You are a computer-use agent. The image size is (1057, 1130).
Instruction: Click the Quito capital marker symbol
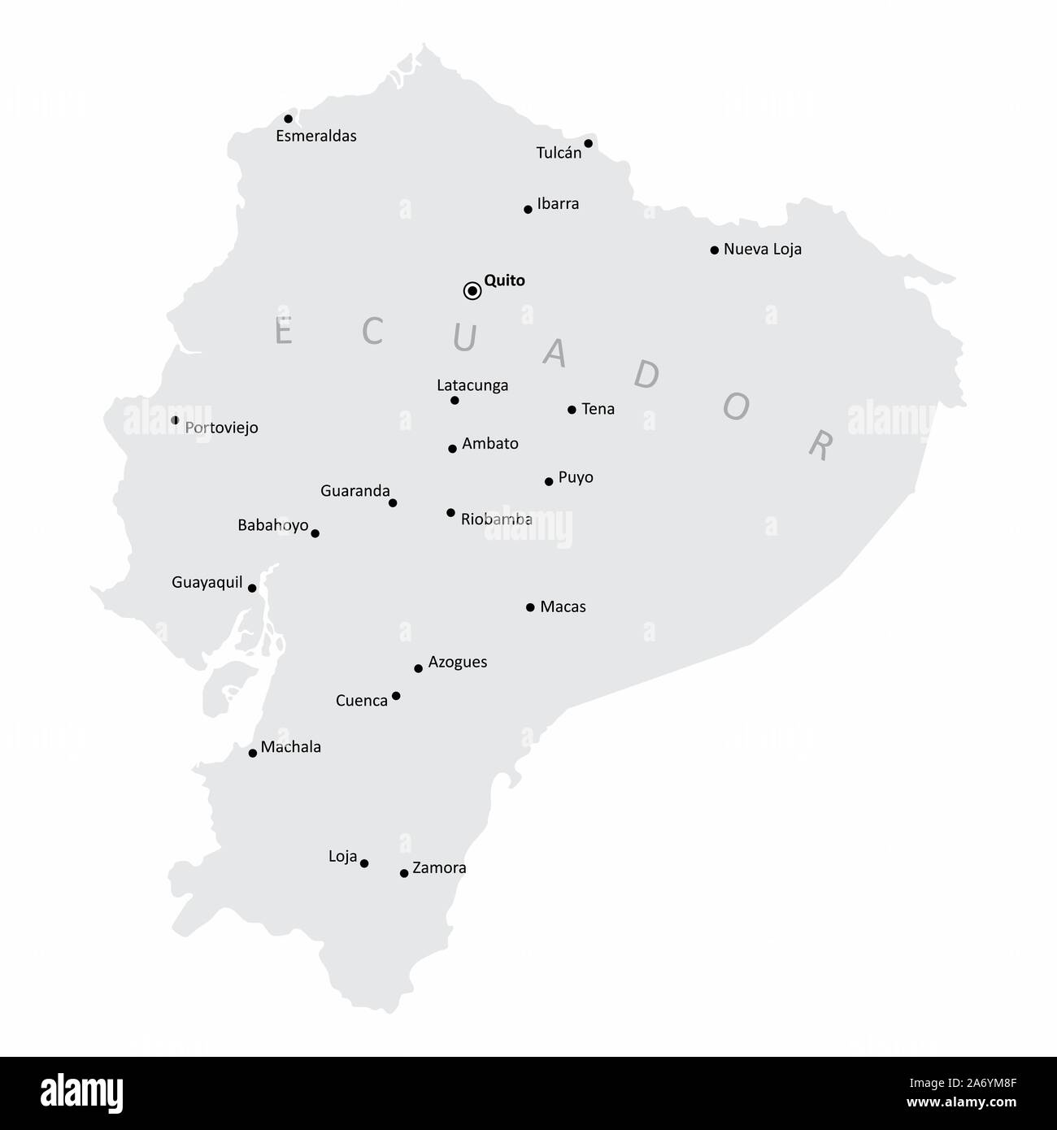(x=472, y=291)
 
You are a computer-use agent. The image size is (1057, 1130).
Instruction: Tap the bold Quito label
(x=504, y=280)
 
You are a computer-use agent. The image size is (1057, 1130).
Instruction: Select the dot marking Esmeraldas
(x=288, y=119)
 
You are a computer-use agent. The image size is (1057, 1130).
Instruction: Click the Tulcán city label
(x=559, y=152)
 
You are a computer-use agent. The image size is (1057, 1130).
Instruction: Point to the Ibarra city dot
(x=528, y=210)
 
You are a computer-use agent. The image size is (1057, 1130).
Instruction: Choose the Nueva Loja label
(x=762, y=250)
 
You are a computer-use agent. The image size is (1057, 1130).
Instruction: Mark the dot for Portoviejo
(x=175, y=420)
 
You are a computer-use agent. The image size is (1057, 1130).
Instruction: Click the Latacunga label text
(x=472, y=385)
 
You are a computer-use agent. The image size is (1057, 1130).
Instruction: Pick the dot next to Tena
(x=572, y=410)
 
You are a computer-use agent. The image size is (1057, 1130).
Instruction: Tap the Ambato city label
(x=489, y=444)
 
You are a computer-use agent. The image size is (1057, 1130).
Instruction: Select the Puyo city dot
(x=549, y=481)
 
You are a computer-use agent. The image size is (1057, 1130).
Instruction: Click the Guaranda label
(x=355, y=491)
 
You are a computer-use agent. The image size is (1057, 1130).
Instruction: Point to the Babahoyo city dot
(x=315, y=533)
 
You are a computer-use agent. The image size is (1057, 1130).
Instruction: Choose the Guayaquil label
(x=207, y=582)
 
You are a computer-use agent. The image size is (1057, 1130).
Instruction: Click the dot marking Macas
(x=530, y=607)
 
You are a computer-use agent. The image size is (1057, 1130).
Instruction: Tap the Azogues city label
(x=457, y=662)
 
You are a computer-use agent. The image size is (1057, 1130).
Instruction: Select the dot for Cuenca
(x=396, y=696)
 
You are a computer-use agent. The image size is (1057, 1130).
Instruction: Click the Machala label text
(x=290, y=747)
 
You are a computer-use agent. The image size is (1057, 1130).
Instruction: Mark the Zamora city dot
(x=404, y=873)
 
